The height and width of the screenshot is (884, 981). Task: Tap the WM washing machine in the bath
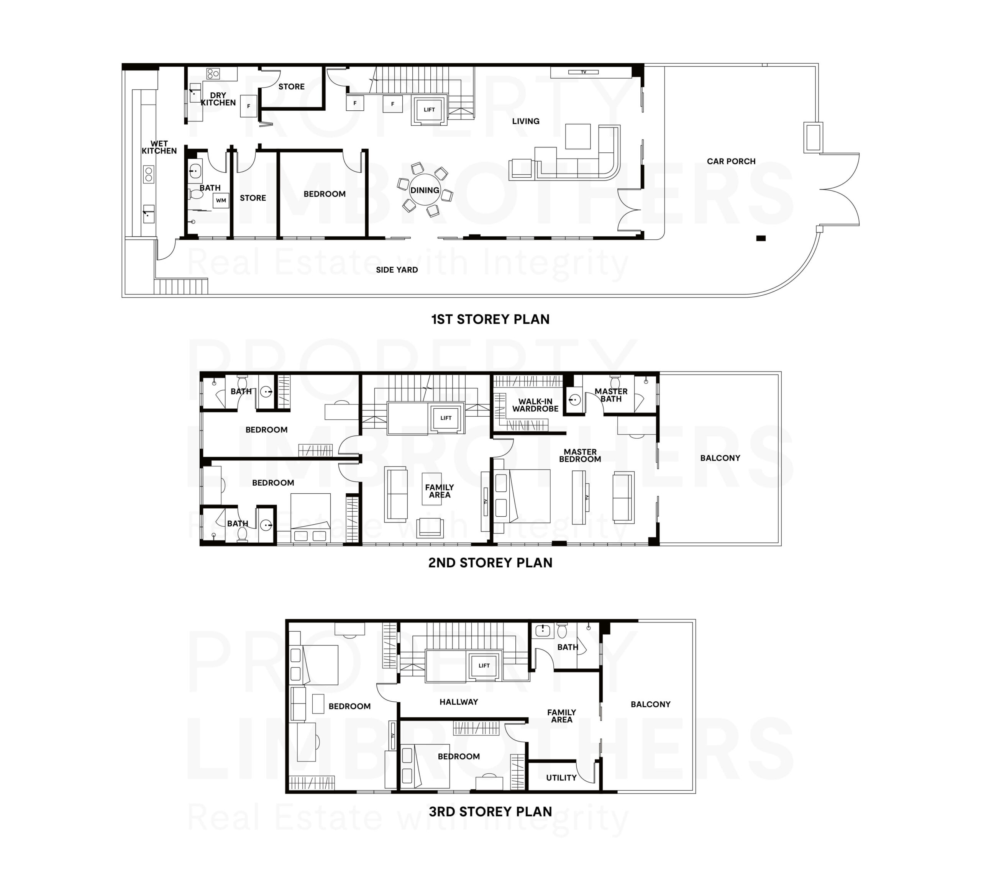pos(221,200)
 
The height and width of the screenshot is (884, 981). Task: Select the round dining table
pos(424,190)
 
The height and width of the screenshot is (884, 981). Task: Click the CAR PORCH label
pos(731,161)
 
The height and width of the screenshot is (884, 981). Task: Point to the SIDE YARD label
pos(397,270)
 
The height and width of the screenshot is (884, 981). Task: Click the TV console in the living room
pos(583,72)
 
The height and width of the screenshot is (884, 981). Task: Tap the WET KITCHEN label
pos(159,147)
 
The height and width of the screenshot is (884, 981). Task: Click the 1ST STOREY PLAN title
pos(490,319)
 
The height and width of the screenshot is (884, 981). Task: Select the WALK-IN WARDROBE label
pos(535,405)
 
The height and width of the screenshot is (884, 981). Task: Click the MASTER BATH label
pos(611,395)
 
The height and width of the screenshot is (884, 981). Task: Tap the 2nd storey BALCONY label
pos(720,458)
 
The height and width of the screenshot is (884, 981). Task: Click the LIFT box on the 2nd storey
pos(446,418)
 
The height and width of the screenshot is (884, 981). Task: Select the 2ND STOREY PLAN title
pos(490,562)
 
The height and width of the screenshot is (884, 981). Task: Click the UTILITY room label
pos(561,778)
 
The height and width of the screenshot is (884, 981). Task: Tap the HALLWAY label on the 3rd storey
pos(458,702)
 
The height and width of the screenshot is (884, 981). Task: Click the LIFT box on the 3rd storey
pos(484,665)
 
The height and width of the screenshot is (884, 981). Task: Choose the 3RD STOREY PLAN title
pos(490,812)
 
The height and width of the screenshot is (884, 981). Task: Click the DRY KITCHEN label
pos(218,99)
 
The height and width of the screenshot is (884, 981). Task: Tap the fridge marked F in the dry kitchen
pos(249,106)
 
